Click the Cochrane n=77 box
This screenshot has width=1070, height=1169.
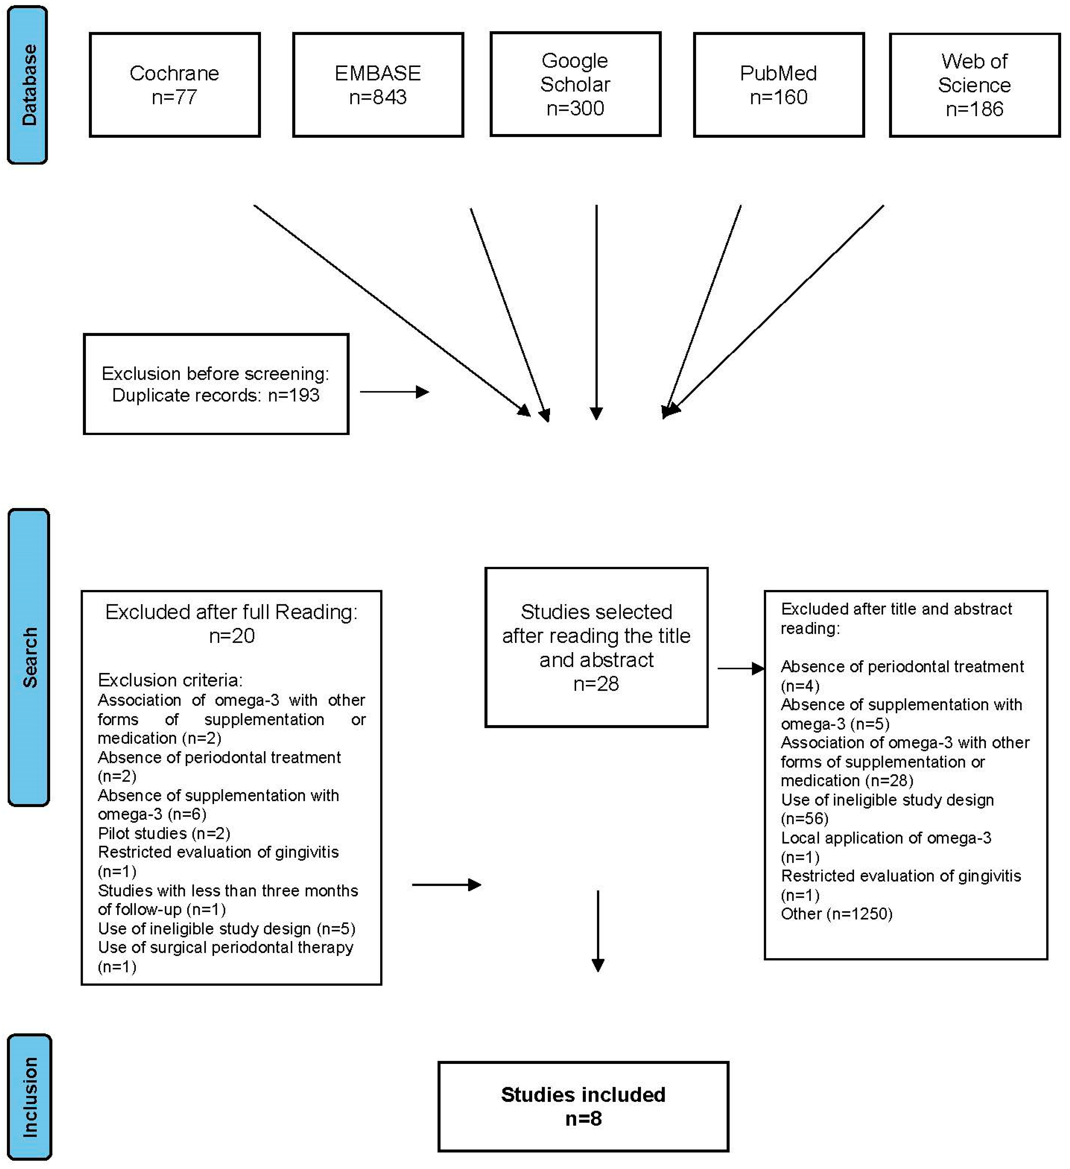pyautogui.click(x=174, y=85)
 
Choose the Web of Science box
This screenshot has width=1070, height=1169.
pyautogui.click(x=974, y=85)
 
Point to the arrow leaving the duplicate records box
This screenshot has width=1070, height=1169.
pyautogui.click(x=394, y=392)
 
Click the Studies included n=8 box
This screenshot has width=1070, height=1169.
pyautogui.click(x=583, y=1106)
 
